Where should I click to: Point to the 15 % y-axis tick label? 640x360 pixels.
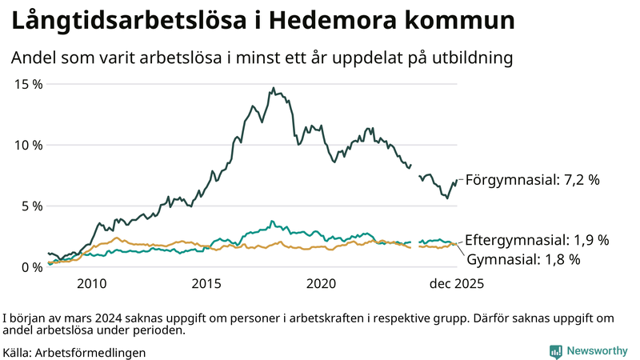tap(28, 84)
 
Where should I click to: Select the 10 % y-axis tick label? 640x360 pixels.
tap(28, 145)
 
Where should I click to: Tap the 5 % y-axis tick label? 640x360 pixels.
tap(30, 206)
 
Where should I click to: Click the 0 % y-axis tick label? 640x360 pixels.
tap(30, 267)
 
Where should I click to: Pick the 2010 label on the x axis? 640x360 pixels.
tap(92, 284)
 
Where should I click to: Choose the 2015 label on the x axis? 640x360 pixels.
tap(206, 284)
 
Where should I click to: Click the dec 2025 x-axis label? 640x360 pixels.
tap(457, 284)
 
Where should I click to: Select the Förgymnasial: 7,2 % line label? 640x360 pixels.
tap(532, 180)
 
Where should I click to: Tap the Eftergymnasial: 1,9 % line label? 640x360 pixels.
tap(537, 240)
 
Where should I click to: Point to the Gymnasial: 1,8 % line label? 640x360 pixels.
tap(523, 259)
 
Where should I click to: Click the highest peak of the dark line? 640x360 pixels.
tap(274, 88)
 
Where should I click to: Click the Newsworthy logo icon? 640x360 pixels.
tap(555, 351)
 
